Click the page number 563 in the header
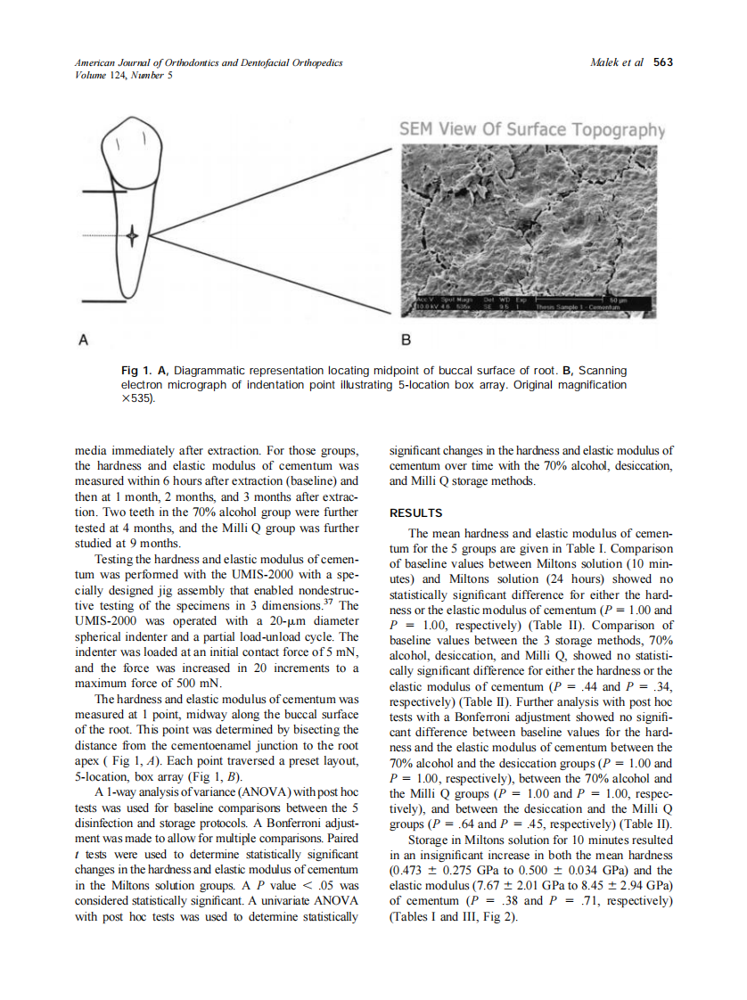pos(662,62)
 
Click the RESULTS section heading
pos(417,512)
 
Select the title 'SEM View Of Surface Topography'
pos(532,129)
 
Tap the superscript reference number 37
pos(328,602)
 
